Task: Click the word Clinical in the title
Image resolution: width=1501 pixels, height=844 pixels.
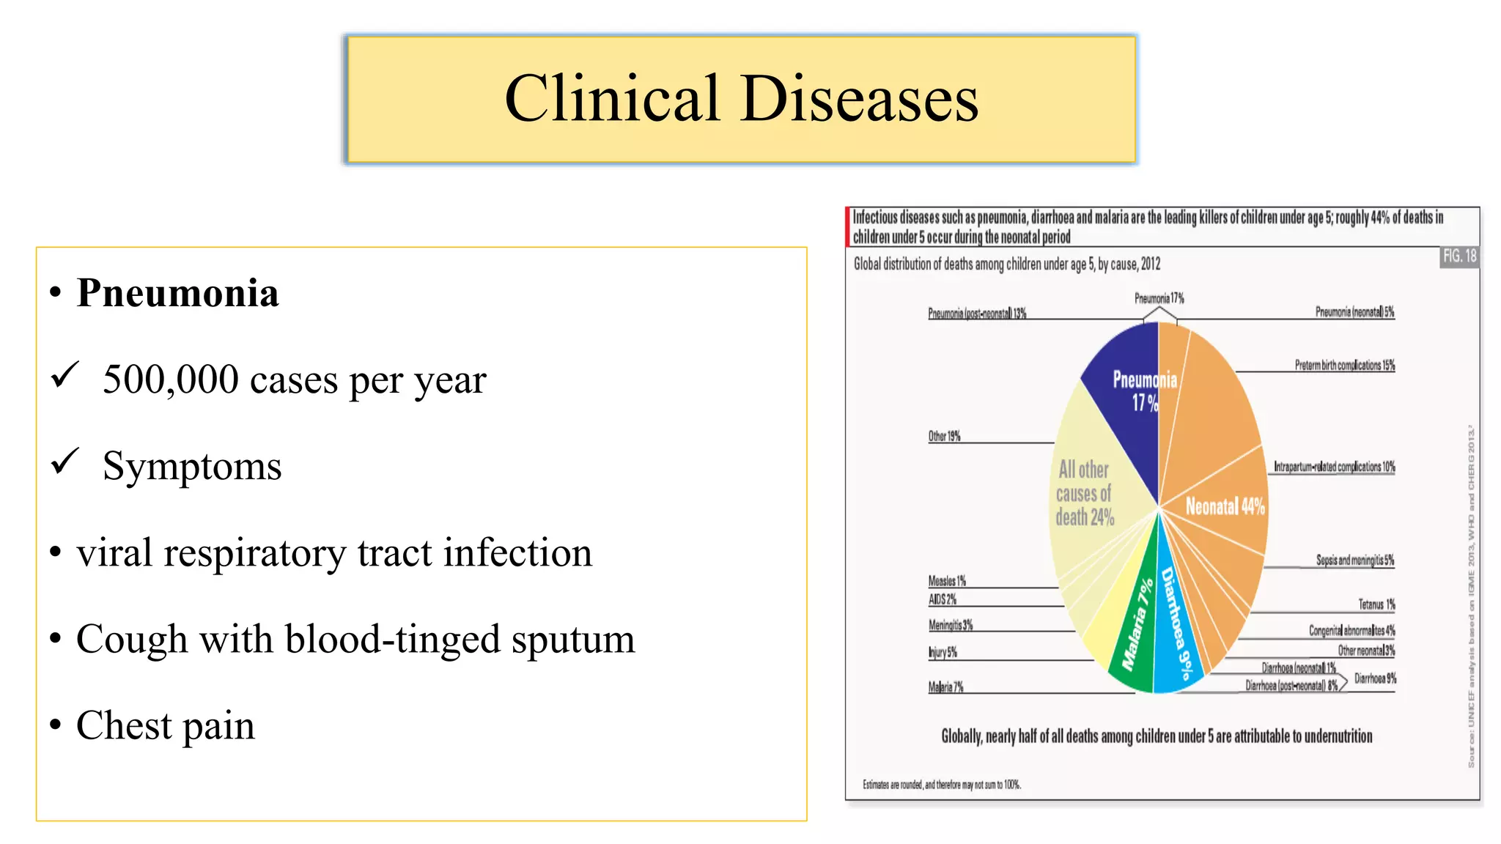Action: pos(612,99)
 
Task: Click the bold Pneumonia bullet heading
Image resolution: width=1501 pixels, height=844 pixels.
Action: pos(177,293)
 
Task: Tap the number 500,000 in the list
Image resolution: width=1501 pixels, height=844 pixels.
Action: pos(171,380)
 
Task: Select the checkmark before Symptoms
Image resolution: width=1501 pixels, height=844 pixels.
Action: pos(65,461)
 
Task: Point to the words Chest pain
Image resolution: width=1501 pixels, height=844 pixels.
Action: pos(166,725)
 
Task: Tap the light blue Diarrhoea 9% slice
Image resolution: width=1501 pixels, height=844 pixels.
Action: pos(1176,630)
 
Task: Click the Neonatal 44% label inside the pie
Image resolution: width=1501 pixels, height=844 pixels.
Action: pos(1225,506)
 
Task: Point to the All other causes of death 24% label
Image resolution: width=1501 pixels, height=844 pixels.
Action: pos(1084,493)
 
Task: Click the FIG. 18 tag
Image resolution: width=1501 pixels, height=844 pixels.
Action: pos(1459,256)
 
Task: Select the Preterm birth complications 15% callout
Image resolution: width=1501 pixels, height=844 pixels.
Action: pos(1344,365)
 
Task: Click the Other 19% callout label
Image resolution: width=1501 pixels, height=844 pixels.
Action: pos(944,436)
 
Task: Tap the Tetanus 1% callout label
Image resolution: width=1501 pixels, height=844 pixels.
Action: pos(1376,604)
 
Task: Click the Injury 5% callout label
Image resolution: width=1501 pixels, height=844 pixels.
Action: pos(943,652)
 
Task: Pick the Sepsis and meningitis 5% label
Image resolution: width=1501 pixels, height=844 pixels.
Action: pos(1354,560)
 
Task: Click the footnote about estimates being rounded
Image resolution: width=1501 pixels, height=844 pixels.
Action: pos(941,785)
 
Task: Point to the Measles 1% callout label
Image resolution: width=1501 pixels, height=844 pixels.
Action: pos(947,581)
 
